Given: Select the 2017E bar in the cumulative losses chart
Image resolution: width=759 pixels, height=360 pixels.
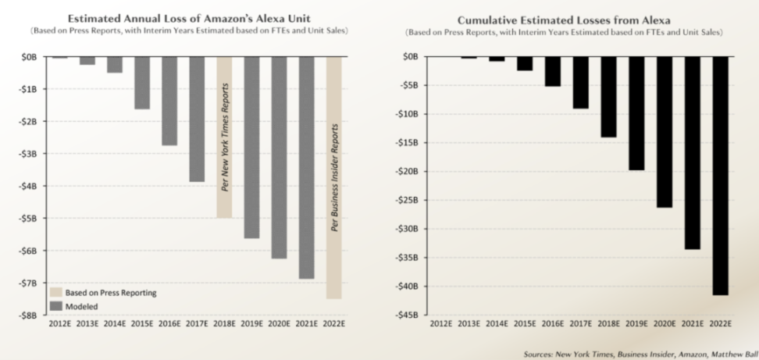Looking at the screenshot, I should point(581,83).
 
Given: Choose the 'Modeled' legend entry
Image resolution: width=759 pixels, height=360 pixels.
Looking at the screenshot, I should point(82,305).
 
